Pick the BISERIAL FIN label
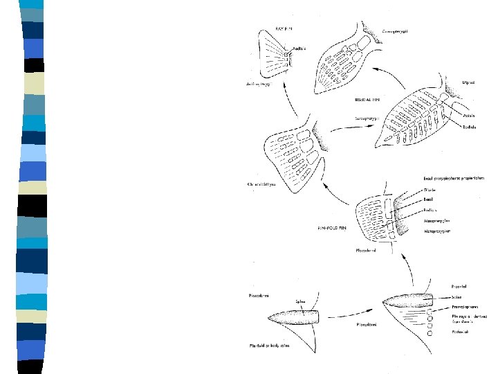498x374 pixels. (367, 100)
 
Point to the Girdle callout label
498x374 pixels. (433, 188)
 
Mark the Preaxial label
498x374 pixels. (439, 284)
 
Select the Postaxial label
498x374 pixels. (440, 332)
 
